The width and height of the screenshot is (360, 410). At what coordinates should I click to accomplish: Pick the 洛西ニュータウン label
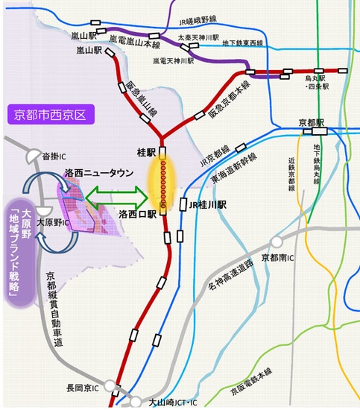coord(98,173)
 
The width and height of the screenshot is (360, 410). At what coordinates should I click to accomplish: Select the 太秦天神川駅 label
coord(198,37)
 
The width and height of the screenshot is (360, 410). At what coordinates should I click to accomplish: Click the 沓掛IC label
coord(55,156)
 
